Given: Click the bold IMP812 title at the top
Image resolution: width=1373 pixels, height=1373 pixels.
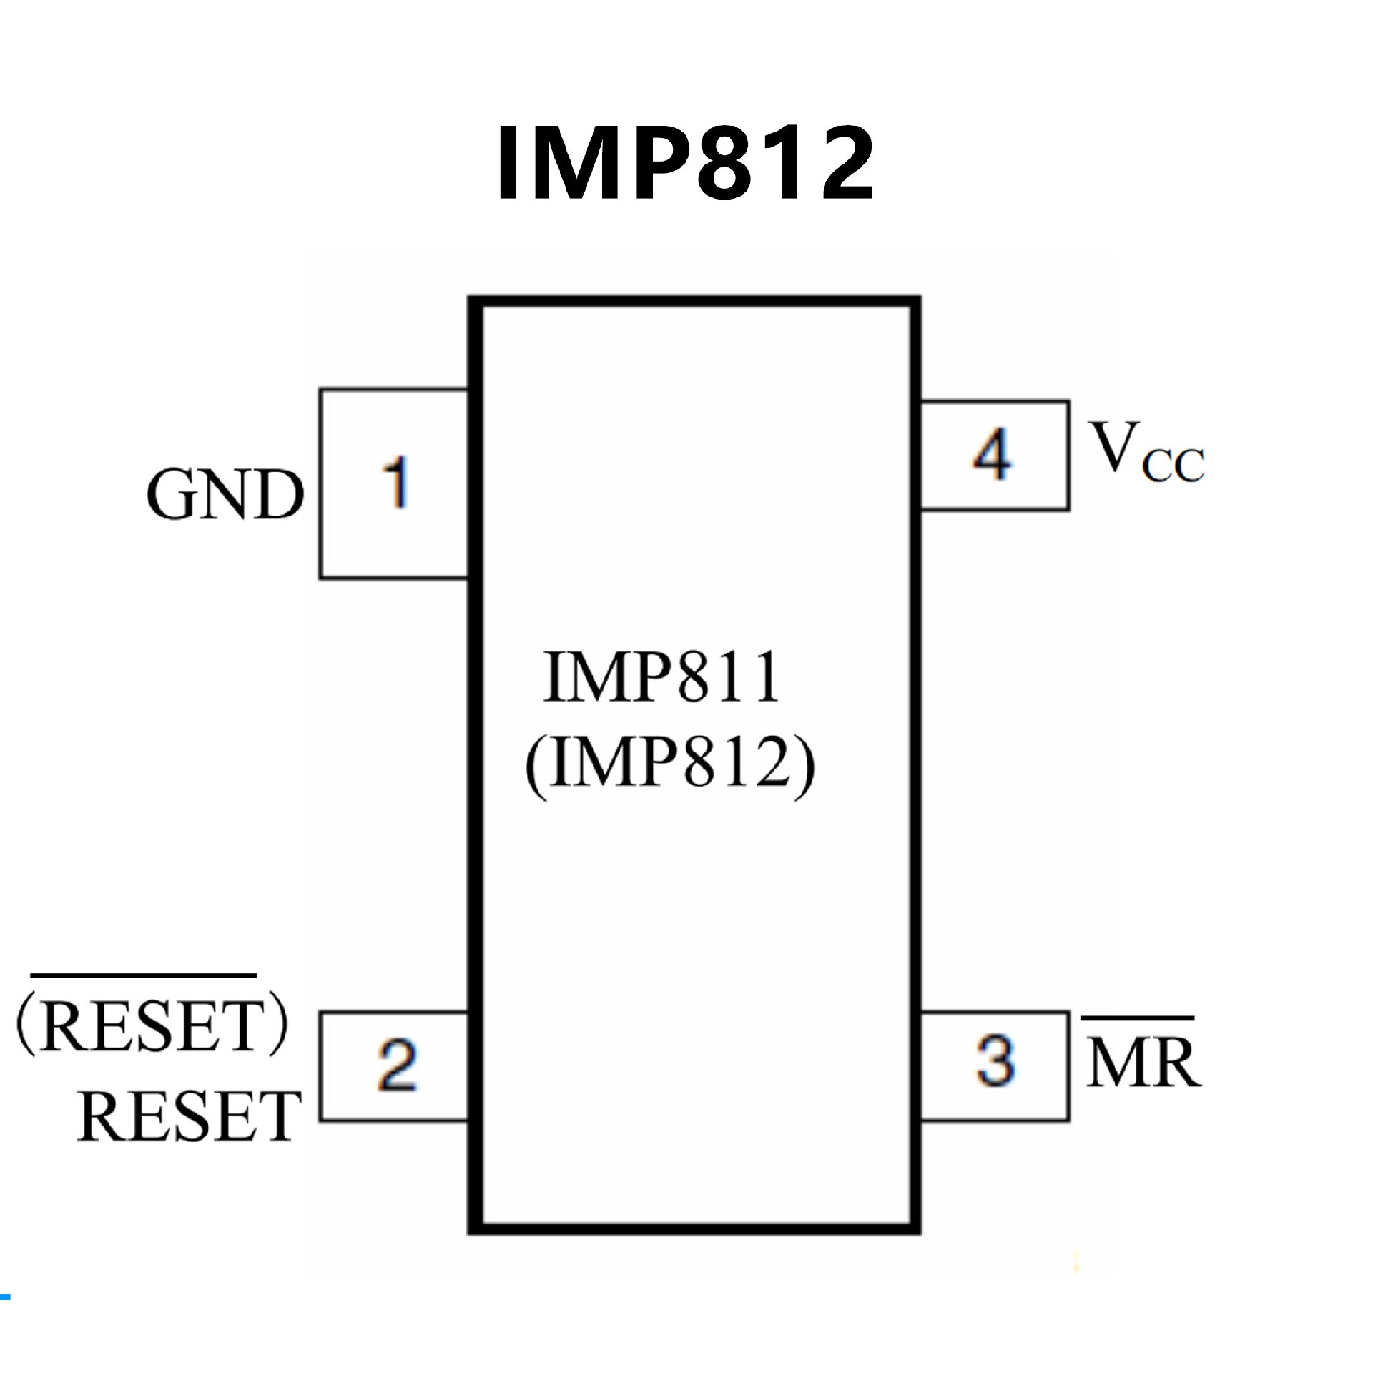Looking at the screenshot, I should click(x=685, y=163).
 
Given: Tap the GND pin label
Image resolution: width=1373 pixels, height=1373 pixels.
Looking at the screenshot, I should click(x=225, y=495).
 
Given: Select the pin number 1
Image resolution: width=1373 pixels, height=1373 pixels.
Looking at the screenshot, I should click(x=395, y=483).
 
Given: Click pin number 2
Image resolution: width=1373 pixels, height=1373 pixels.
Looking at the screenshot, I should click(x=397, y=1066).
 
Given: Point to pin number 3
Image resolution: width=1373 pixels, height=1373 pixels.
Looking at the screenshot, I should click(x=995, y=1061).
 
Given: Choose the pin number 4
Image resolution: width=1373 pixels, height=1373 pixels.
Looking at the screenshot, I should click(x=993, y=455).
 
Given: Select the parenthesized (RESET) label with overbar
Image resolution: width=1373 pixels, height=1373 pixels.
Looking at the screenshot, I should click(x=152, y=1025).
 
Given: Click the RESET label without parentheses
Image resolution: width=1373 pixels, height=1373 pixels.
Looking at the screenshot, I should click(x=189, y=1116).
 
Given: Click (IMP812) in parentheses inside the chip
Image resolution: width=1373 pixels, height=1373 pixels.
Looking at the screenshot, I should click(x=669, y=764).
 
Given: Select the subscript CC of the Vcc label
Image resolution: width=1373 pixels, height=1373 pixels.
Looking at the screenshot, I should click(x=1173, y=465).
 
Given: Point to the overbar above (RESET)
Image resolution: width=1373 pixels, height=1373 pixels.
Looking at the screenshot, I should click(x=143, y=975).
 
